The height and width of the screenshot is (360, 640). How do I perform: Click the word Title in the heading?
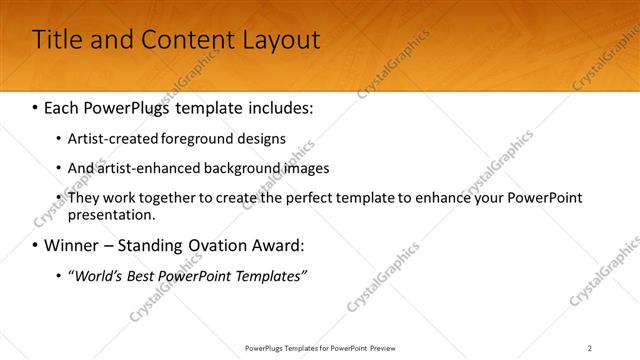click(x=56, y=40)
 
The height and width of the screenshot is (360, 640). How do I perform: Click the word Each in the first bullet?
click(x=62, y=105)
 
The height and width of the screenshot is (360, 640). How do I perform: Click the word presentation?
click(x=111, y=214)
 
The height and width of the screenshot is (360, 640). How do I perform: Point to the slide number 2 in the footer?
click(x=590, y=348)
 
